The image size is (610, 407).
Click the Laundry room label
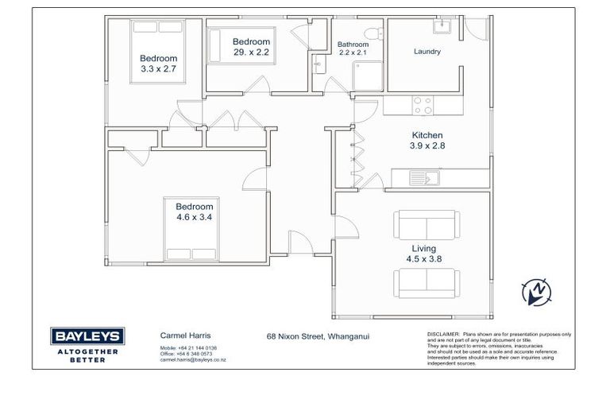[x=427, y=52]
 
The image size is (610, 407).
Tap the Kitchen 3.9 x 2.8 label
[x=427, y=141]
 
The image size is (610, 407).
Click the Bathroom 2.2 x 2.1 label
[x=353, y=48]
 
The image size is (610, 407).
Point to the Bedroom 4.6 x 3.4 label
[x=195, y=211]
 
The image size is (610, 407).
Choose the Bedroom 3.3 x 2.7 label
[x=158, y=64]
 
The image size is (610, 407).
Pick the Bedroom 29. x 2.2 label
[x=251, y=47]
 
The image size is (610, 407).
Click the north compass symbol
[x=536, y=293]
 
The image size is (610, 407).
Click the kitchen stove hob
[x=423, y=105]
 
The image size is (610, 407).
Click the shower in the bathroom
[x=366, y=78]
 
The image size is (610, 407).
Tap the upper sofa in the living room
[x=426, y=223]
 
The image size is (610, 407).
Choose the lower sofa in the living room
[x=426, y=281]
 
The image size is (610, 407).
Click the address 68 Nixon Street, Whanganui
[x=318, y=336]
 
